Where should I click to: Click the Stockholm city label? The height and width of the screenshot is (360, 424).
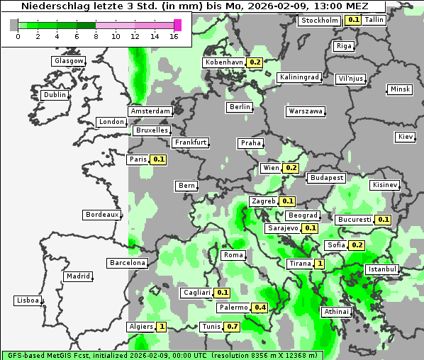click(319, 21)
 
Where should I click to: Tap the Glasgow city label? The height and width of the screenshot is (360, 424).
click(69, 61)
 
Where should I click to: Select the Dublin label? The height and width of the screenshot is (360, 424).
click(55, 95)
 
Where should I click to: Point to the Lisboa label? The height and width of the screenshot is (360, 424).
click(28, 300)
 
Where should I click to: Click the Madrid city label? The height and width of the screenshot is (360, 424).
click(77, 276)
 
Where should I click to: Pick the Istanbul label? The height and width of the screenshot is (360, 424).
click(382, 270)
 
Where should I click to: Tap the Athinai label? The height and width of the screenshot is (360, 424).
click(336, 312)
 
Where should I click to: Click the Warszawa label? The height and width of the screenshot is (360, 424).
click(306, 111)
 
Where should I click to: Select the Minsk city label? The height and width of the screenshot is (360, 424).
click(400, 89)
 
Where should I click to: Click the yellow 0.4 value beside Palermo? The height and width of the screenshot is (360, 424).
click(260, 308)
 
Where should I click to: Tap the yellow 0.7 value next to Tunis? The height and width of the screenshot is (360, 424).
click(231, 327)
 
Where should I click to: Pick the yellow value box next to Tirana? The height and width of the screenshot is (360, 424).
click(320, 264)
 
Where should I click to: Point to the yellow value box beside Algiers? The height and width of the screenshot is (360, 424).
click(162, 327)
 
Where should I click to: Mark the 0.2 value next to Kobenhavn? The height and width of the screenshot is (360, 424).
click(255, 62)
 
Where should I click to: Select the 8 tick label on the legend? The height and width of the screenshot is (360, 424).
click(96, 36)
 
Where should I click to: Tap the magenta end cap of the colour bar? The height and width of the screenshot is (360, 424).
click(178, 25)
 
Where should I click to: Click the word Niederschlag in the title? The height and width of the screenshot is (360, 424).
click(48, 6)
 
